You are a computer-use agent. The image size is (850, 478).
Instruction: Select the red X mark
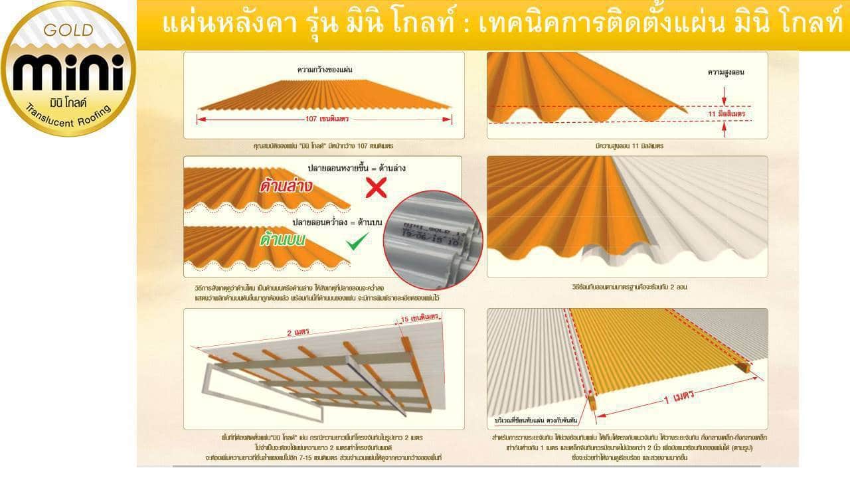point(377,188)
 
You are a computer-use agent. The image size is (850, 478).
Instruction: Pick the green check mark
point(358,241)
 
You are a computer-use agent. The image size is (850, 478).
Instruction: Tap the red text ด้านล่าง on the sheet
point(287,188)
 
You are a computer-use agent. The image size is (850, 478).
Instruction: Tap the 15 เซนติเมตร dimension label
point(420,319)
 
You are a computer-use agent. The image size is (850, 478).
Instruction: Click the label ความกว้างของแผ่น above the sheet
point(324,68)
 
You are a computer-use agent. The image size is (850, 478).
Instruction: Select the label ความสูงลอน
point(726,71)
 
